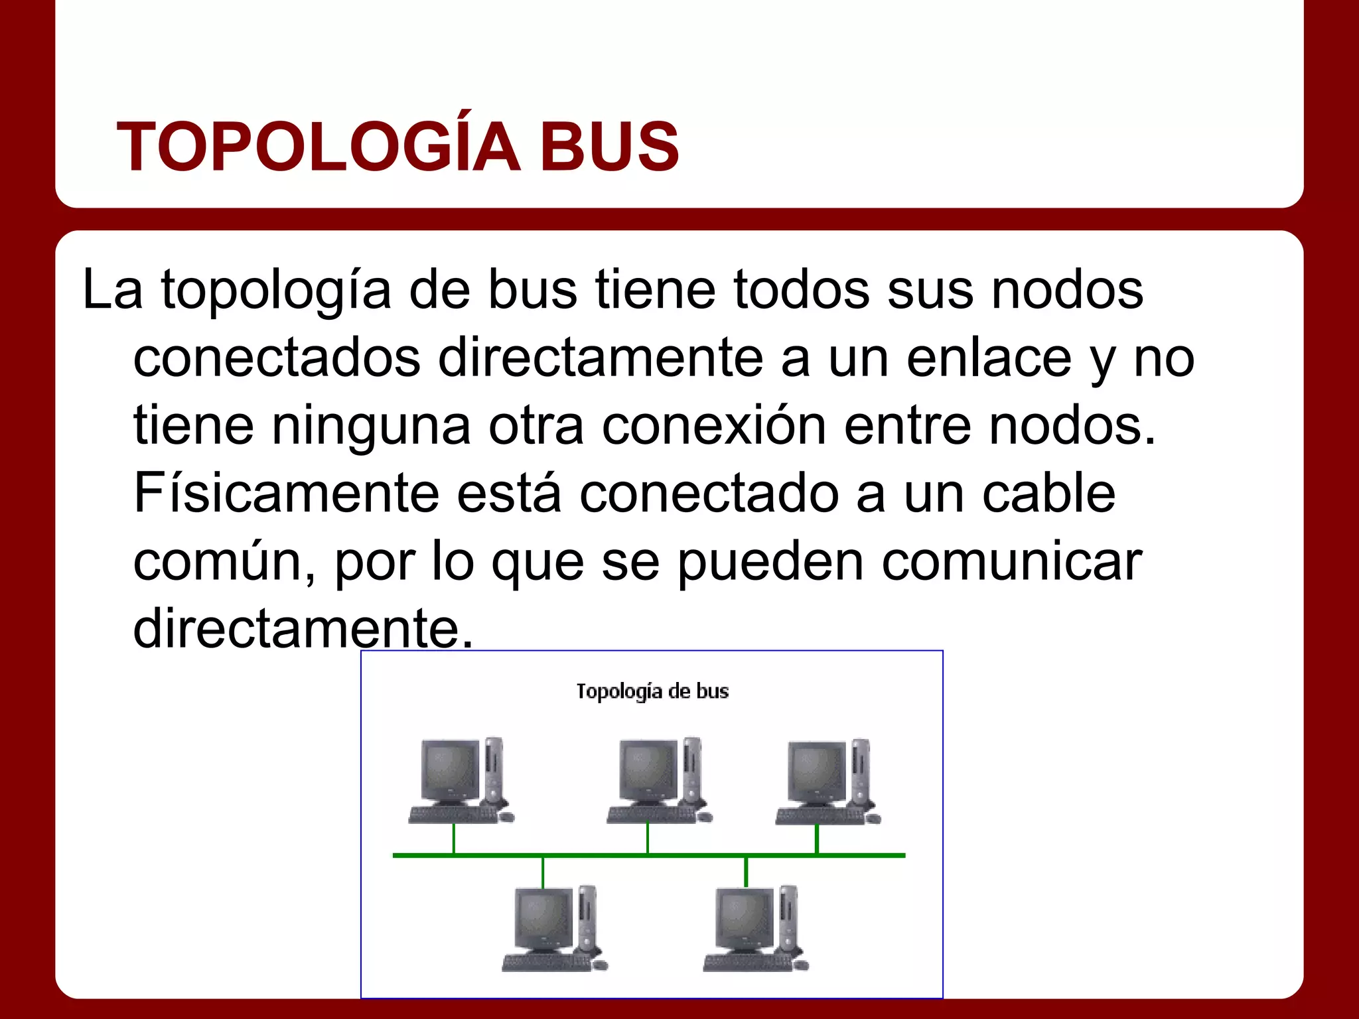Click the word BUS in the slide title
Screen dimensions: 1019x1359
tap(610, 147)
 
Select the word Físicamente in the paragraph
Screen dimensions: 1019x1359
tap(286, 494)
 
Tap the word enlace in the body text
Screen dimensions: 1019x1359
tap(989, 358)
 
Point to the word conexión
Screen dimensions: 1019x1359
tap(714, 426)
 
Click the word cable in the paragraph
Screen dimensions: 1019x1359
tap(1048, 494)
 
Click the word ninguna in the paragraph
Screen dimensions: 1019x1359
tap(371, 426)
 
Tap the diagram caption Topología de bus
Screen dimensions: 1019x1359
tap(652, 691)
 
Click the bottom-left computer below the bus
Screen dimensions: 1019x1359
tap(554, 929)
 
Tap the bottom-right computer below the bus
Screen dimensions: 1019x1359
tap(755, 929)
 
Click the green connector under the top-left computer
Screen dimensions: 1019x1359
tap(454, 839)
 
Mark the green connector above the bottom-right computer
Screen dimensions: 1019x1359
tap(747, 872)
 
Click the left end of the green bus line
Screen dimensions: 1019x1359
tap(396, 855)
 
